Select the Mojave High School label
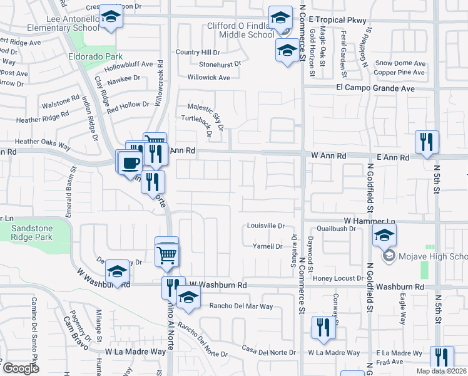(432, 257)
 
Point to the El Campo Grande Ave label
(375, 88)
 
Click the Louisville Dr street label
(265, 226)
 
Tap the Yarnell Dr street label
(267, 246)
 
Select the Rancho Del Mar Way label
(241, 306)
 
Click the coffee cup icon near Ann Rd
(130, 162)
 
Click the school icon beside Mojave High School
(384, 236)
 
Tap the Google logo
(21, 368)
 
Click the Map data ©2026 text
(441, 371)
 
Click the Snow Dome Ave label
(400, 63)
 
